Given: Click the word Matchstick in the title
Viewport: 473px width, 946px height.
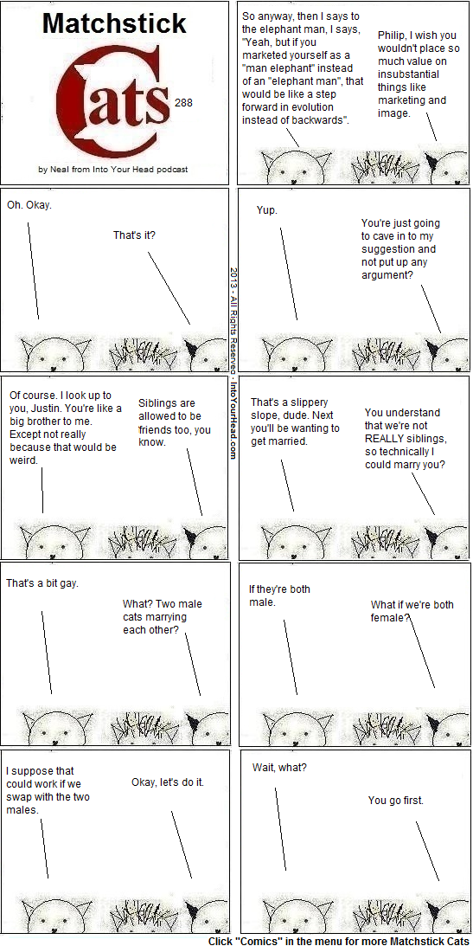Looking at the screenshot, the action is point(114,23).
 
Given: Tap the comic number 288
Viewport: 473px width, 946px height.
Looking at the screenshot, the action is point(183,103).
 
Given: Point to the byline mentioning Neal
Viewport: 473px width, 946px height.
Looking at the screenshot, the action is point(112,170).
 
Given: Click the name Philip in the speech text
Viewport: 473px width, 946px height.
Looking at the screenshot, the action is point(391,35).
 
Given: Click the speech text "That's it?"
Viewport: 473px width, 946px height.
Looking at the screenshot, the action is point(134,235).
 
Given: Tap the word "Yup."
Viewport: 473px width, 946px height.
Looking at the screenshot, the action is point(267,210).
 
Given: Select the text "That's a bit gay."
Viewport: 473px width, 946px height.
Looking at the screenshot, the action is point(42,583).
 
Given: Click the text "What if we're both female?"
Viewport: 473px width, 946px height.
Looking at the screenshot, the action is point(412,611).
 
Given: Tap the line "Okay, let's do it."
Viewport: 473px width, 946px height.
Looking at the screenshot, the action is point(168,782).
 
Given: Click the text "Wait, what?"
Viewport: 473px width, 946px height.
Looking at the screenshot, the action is point(279,768).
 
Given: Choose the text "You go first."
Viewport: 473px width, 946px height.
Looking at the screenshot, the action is point(396,801).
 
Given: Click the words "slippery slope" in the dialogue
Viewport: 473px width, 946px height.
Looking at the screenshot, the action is point(283,409).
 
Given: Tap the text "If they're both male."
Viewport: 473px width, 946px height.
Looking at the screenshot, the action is point(279,595).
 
